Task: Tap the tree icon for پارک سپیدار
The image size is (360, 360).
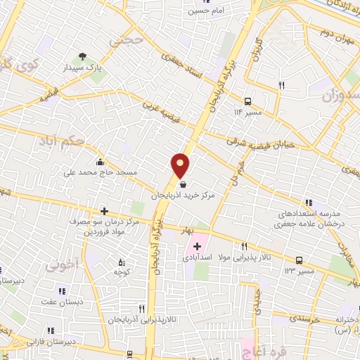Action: coord(83,56)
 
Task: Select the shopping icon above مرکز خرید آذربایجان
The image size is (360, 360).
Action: coord(184,185)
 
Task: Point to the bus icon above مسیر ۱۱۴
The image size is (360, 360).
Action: coord(247,100)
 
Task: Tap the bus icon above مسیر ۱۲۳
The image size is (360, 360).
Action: coord(299,259)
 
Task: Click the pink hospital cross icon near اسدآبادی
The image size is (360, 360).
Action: coord(197,247)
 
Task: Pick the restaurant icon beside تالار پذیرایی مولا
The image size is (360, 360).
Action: coord(244,246)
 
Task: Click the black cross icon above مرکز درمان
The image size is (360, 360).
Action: coord(104,210)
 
